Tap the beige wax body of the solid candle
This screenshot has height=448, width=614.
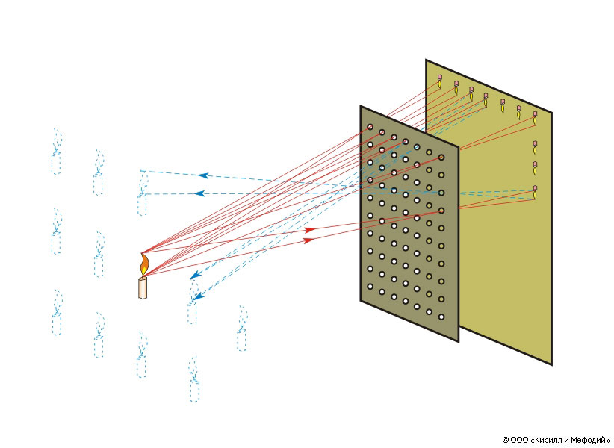click(x=142, y=288)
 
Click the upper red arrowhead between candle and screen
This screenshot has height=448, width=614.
click(x=309, y=230)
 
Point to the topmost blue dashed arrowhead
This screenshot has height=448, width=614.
click(x=202, y=175)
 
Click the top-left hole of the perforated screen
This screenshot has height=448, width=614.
click(x=370, y=128)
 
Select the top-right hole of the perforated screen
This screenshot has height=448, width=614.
click(x=441, y=157)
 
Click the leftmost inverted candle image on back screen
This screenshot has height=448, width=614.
click(x=439, y=82)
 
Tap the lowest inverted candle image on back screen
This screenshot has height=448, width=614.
click(x=535, y=193)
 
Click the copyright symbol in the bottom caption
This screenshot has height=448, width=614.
click(x=506, y=440)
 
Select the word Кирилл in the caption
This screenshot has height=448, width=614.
click(x=548, y=440)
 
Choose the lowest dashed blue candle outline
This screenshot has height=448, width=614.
click(x=193, y=381)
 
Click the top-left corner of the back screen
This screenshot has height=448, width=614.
click(x=427, y=60)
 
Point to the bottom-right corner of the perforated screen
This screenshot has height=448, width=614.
click(x=458, y=341)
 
